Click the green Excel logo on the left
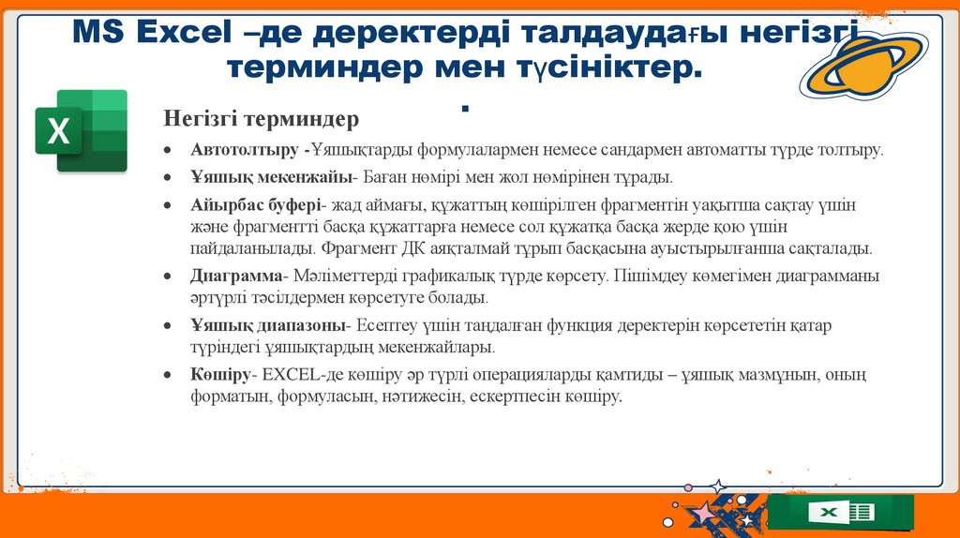(81, 131)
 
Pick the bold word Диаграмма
(235, 276)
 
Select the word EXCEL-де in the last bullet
(295, 375)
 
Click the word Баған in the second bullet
(384, 176)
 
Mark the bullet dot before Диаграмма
(166, 277)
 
